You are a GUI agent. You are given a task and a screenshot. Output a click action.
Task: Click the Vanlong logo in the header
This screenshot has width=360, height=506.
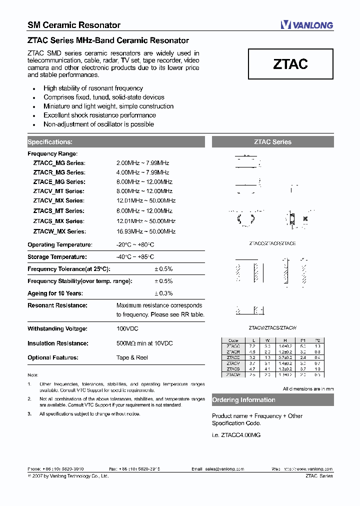(x=306, y=24)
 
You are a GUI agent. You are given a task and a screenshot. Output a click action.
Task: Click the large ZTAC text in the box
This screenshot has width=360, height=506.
(x=290, y=64)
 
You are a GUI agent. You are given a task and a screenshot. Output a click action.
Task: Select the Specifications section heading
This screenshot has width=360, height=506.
(x=50, y=142)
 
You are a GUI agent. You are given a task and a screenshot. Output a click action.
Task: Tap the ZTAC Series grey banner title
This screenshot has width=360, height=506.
(x=272, y=142)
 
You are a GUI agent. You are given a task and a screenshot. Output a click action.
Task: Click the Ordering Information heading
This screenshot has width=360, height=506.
(x=243, y=400)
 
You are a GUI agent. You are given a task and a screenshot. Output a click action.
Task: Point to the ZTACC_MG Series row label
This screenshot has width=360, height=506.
(x=59, y=163)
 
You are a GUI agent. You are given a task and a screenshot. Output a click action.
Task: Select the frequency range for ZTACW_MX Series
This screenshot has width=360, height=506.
(x=146, y=231)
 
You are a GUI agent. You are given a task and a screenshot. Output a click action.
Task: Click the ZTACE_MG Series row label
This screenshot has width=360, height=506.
(x=59, y=182)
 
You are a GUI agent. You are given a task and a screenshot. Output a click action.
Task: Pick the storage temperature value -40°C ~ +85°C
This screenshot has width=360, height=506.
(x=135, y=257)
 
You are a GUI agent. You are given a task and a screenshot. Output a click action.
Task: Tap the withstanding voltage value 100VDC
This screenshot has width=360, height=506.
(x=127, y=329)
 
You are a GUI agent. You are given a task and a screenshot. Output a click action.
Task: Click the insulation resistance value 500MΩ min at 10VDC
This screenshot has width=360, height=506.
(x=144, y=343)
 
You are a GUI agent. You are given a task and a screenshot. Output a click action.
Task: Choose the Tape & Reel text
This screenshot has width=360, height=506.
(x=132, y=358)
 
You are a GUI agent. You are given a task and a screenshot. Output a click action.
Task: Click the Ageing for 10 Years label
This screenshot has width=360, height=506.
(x=55, y=293)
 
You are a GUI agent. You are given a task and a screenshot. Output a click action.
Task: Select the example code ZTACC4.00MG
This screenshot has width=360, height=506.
(x=236, y=435)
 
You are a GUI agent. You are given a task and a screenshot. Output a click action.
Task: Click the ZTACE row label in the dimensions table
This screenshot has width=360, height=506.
(x=233, y=357)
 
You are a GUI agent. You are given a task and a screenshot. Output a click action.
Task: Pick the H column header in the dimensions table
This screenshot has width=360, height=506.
(x=284, y=340)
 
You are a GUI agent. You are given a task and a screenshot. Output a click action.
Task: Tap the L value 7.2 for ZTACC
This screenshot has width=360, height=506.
(x=252, y=346)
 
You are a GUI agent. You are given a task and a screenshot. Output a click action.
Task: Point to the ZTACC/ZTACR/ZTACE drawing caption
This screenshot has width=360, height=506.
(x=272, y=243)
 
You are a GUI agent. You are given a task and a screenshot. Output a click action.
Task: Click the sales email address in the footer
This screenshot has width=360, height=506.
(x=224, y=469)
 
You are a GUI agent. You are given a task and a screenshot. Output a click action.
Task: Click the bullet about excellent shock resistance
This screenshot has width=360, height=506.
(x=99, y=115)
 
